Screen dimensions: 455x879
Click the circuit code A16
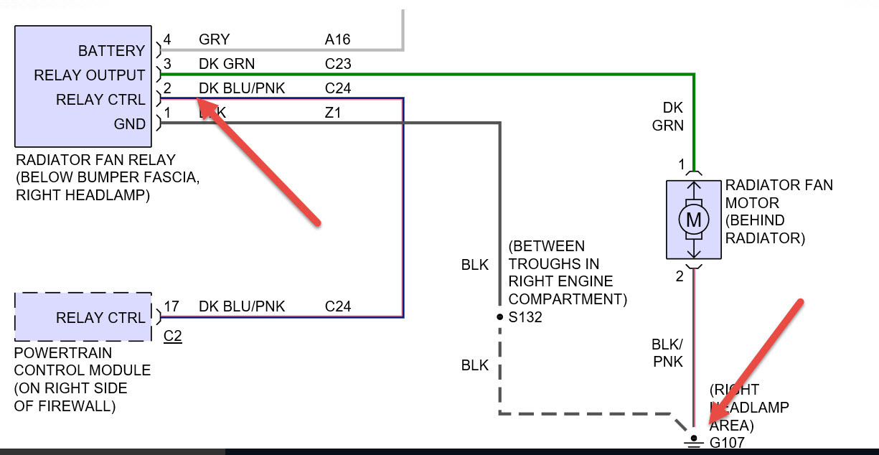pyautogui.click(x=337, y=39)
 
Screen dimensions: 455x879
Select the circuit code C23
pyautogui.click(x=337, y=64)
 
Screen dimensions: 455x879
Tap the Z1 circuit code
pyautogui.click(x=333, y=113)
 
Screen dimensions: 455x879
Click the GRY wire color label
pyautogui.click(x=214, y=39)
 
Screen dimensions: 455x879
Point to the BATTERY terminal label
pyautogui.click(x=111, y=51)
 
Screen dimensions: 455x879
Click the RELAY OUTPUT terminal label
pyautogui.click(x=90, y=75)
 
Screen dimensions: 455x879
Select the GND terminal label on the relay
pyautogui.click(x=130, y=124)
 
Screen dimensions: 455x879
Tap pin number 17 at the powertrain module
pyautogui.click(x=171, y=306)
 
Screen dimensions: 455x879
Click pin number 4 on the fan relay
pyautogui.click(x=167, y=39)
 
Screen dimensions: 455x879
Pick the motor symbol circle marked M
pyautogui.click(x=694, y=219)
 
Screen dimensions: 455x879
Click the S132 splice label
pyautogui.click(x=525, y=316)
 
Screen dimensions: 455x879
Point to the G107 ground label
pyautogui.click(x=727, y=443)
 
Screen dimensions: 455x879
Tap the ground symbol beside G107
pyautogui.click(x=693, y=441)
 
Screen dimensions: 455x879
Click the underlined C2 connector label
pyautogui.click(x=172, y=335)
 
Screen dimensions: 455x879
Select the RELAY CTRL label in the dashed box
pyautogui.click(x=100, y=318)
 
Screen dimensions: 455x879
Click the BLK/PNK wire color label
pyautogui.click(x=667, y=352)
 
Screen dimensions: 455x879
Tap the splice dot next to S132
pyautogui.click(x=499, y=316)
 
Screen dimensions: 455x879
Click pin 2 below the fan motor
pyautogui.click(x=680, y=275)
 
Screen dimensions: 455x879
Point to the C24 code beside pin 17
pyautogui.click(x=337, y=306)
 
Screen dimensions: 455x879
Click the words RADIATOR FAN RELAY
pyautogui.click(x=95, y=159)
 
